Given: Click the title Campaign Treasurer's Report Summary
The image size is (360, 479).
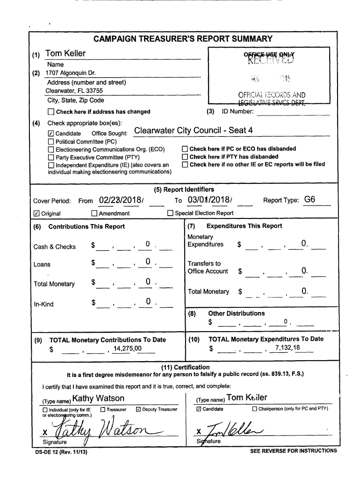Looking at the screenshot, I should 183,39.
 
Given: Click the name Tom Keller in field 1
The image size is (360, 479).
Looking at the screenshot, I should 65,53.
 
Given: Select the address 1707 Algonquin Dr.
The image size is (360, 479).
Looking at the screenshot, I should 70,73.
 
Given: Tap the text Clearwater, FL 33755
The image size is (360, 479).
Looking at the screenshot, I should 74,91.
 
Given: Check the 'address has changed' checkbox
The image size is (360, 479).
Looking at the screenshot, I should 51,112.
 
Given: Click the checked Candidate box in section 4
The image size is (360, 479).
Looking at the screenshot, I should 51,134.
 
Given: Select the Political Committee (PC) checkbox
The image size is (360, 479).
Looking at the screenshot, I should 51,142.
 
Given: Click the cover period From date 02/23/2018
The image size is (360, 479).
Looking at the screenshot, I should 121,200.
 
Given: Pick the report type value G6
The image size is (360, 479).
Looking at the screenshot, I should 310,199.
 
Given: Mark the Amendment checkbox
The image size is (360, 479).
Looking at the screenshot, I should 94,214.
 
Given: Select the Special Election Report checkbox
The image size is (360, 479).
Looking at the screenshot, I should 171,214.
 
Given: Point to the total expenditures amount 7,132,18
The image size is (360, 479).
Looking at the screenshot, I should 288,348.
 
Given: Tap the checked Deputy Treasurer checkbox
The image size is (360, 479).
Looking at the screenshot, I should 138,410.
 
